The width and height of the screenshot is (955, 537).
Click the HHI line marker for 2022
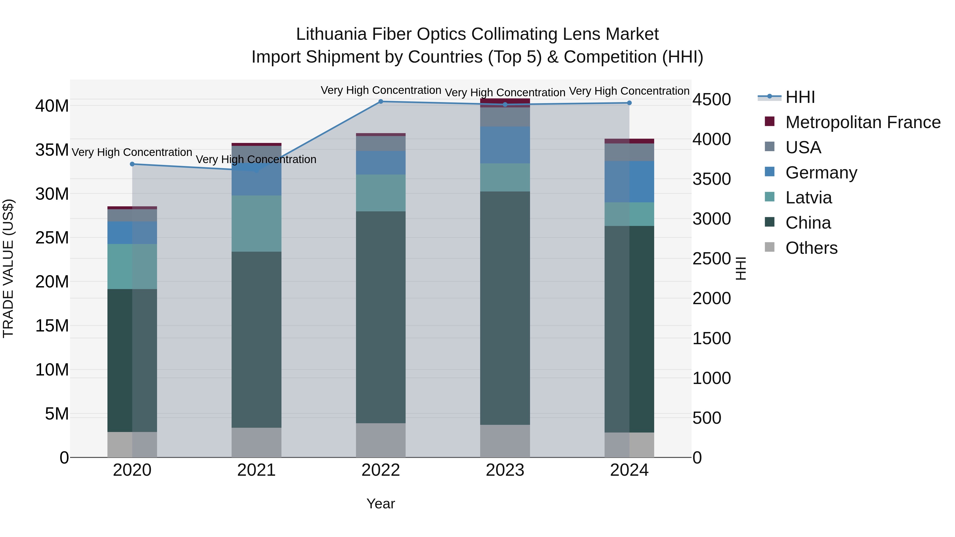point(381,102)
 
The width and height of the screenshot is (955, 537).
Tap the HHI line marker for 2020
point(132,164)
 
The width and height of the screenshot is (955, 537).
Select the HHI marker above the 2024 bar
point(629,103)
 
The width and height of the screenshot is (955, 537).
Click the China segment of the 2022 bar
point(381,317)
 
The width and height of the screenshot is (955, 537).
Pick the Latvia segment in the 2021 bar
point(256,224)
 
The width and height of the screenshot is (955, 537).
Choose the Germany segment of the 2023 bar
point(505,145)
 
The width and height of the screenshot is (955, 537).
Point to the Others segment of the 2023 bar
point(505,441)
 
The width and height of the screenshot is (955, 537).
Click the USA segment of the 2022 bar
point(381,143)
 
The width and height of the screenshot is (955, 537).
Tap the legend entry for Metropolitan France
point(863,122)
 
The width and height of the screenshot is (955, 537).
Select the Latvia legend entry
point(808,198)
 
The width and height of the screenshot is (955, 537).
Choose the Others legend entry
point(811,248)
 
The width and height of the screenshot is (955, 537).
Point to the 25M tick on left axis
point(52,238)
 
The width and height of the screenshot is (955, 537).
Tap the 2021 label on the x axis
point(256,470)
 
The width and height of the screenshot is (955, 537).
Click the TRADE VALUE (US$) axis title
point(8,268)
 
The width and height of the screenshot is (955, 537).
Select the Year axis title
point(381,504)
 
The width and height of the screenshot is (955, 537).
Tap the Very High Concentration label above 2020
point(132,152)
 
